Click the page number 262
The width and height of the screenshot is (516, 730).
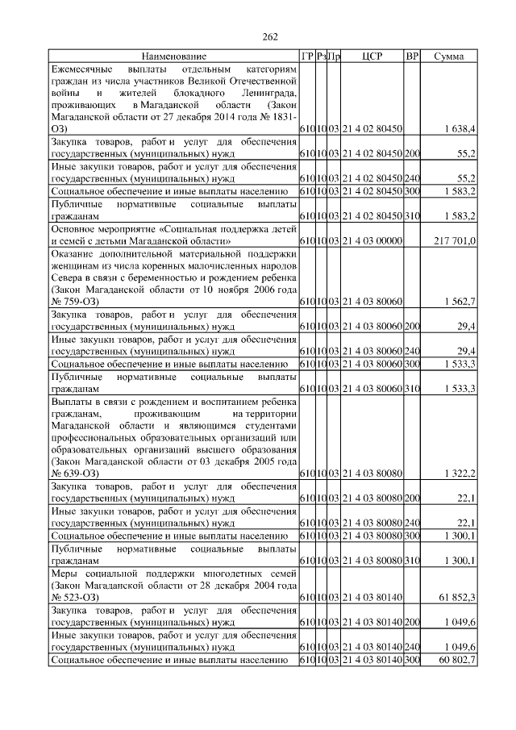271,36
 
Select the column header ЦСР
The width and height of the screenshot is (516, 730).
372,56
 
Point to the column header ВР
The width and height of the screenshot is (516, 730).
412,56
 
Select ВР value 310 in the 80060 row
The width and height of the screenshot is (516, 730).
412,390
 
